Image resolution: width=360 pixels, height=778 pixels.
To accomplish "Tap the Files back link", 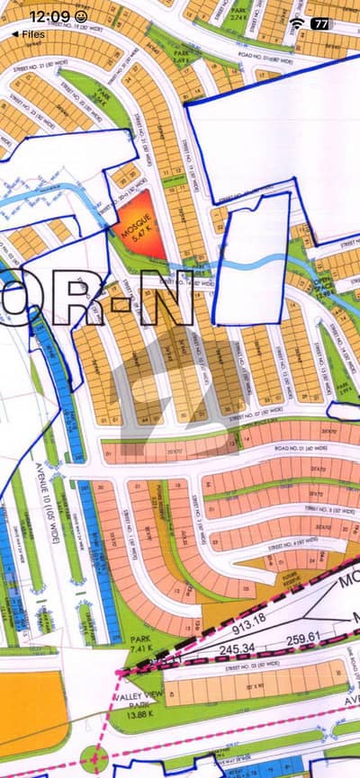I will (x=29, y=33).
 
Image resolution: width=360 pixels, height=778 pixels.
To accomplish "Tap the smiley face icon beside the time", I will (x=82, y=16).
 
